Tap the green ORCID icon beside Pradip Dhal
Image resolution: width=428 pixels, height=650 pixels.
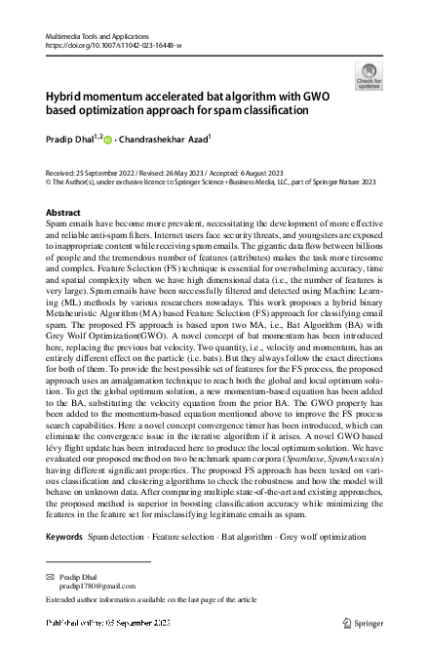(x=107, y=140)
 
